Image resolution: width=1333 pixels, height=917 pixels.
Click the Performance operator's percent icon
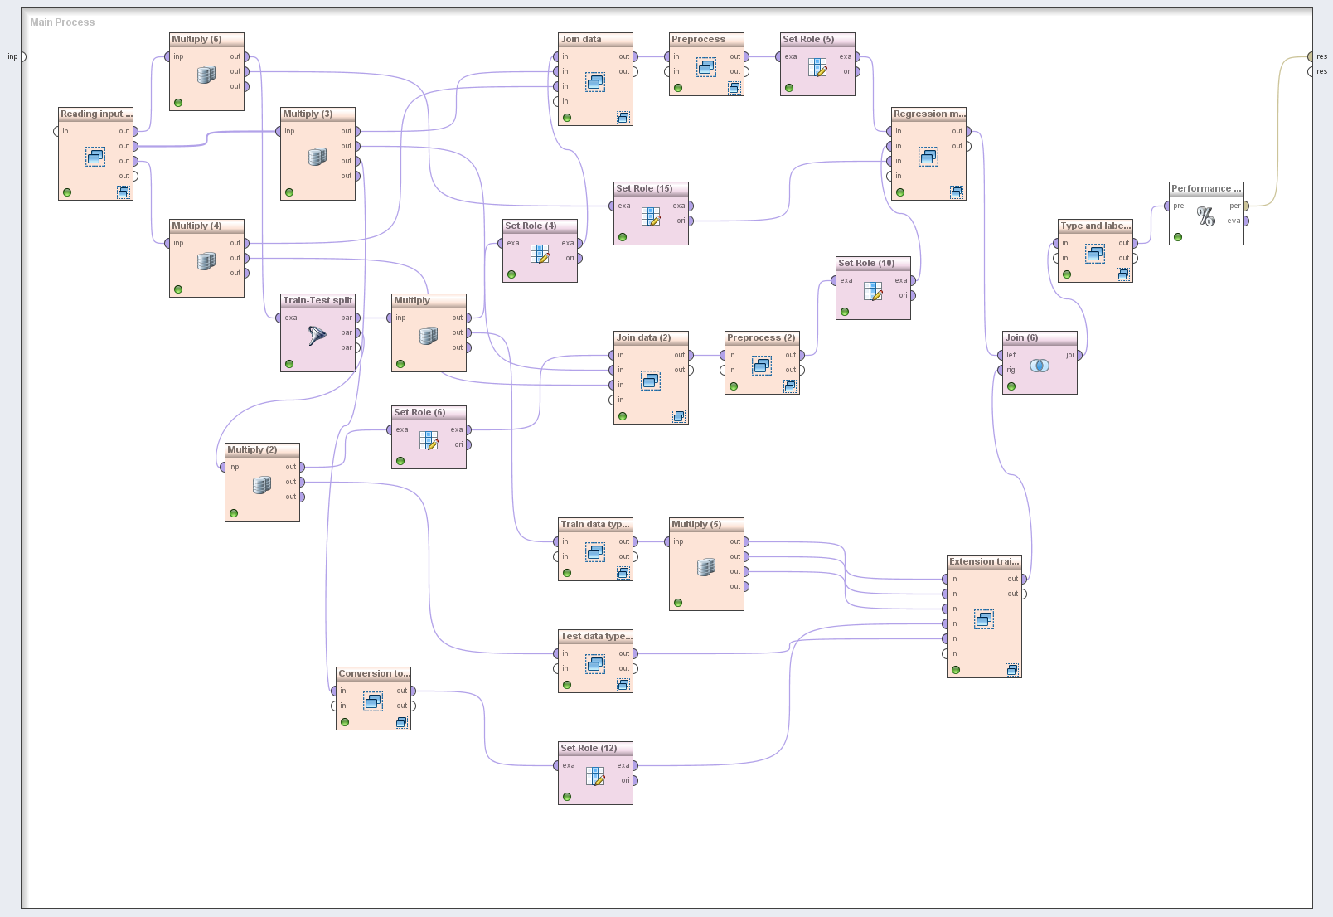pos(1205,216)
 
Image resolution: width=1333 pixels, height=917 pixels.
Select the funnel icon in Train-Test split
pos(317,335)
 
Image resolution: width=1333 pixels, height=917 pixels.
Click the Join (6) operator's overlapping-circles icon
pos(1039,366)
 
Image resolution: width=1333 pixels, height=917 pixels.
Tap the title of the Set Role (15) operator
pos(644,188)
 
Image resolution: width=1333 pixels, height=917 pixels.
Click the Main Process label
pos(62,22)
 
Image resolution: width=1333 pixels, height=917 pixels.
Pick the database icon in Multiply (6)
pos(206,75)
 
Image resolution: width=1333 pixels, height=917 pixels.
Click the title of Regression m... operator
pos(928,114)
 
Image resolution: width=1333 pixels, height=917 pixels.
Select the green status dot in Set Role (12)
pos(567,797)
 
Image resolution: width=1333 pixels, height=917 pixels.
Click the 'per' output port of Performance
pos(1245,206)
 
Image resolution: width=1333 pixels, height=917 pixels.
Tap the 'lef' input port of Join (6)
pos(1001,355)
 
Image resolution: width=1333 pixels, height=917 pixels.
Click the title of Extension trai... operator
pos(983,561)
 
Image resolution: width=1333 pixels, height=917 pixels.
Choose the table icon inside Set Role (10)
pos(873,290)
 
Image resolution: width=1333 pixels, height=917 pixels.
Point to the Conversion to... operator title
pos(373,673)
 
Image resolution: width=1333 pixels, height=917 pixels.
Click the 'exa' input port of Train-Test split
pos(279,318)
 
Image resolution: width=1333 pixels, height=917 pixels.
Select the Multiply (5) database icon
pos(706,567)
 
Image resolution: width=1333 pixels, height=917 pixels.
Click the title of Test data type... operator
pos(595,636)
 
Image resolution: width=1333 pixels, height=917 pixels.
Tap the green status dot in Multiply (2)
pos(234,513)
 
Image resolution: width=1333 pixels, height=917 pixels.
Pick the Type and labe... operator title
pos(1095,226)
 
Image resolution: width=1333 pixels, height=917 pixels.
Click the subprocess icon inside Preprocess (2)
pos(762,366)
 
